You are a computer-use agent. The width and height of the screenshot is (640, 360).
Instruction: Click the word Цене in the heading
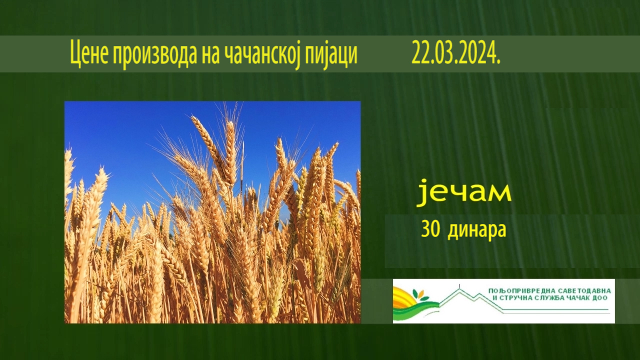[89, 54]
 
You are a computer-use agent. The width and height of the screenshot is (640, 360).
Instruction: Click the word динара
[477, 230]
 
